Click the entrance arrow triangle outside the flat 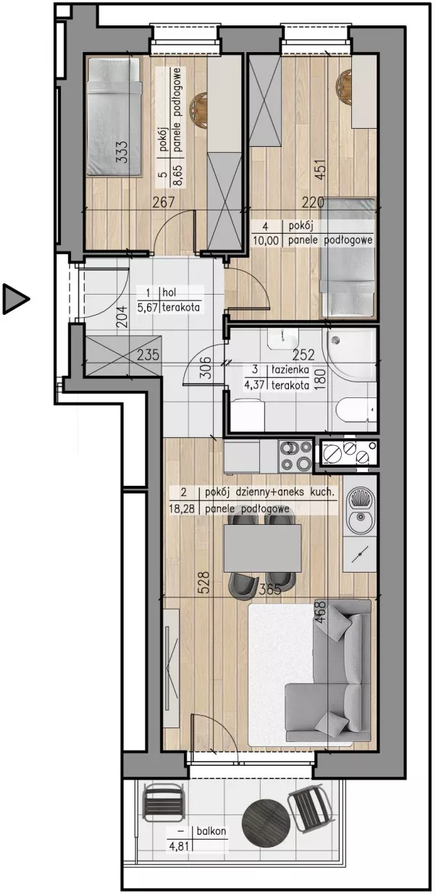[15, 299]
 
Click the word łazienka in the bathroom [290, 370]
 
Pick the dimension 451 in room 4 [320, 169]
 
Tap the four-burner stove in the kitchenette [295, 456]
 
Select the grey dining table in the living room [262, 547]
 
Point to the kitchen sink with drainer [360, 510]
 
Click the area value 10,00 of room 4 [266, 240]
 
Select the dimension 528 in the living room [204, 582]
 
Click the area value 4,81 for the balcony [178, 846]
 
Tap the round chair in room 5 [198, 111]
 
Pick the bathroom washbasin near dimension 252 [282, 340]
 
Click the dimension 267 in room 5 [164, 203]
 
